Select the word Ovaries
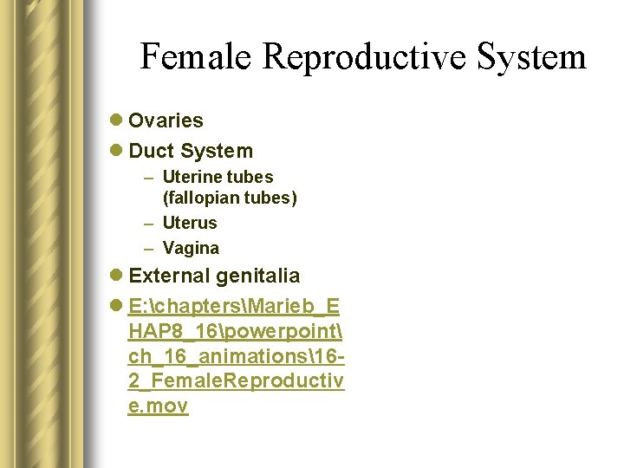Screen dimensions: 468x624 click(166, 120)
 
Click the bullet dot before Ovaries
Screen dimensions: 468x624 click(117, 120)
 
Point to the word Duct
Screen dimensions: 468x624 click(151, 151)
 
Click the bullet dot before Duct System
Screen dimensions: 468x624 click(117, 151)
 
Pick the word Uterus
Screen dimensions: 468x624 click(190, 223)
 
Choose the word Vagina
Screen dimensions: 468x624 click(191, 248)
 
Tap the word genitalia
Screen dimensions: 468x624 click(258, 276)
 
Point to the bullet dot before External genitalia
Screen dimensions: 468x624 click(117, 276)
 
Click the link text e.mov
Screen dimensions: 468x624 click(158, 406)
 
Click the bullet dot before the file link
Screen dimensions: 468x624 click(117, 307)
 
